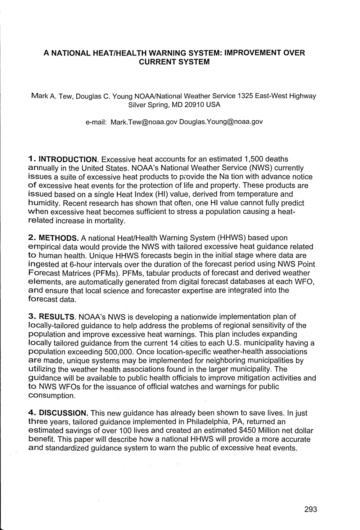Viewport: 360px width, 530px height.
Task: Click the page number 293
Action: tap(310, 509)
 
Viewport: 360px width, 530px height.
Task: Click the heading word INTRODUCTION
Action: tap(68, 159)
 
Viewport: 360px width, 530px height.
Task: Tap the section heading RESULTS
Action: tap(57, 317)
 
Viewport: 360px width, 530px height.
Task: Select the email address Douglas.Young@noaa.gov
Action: tap(221, 122)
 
